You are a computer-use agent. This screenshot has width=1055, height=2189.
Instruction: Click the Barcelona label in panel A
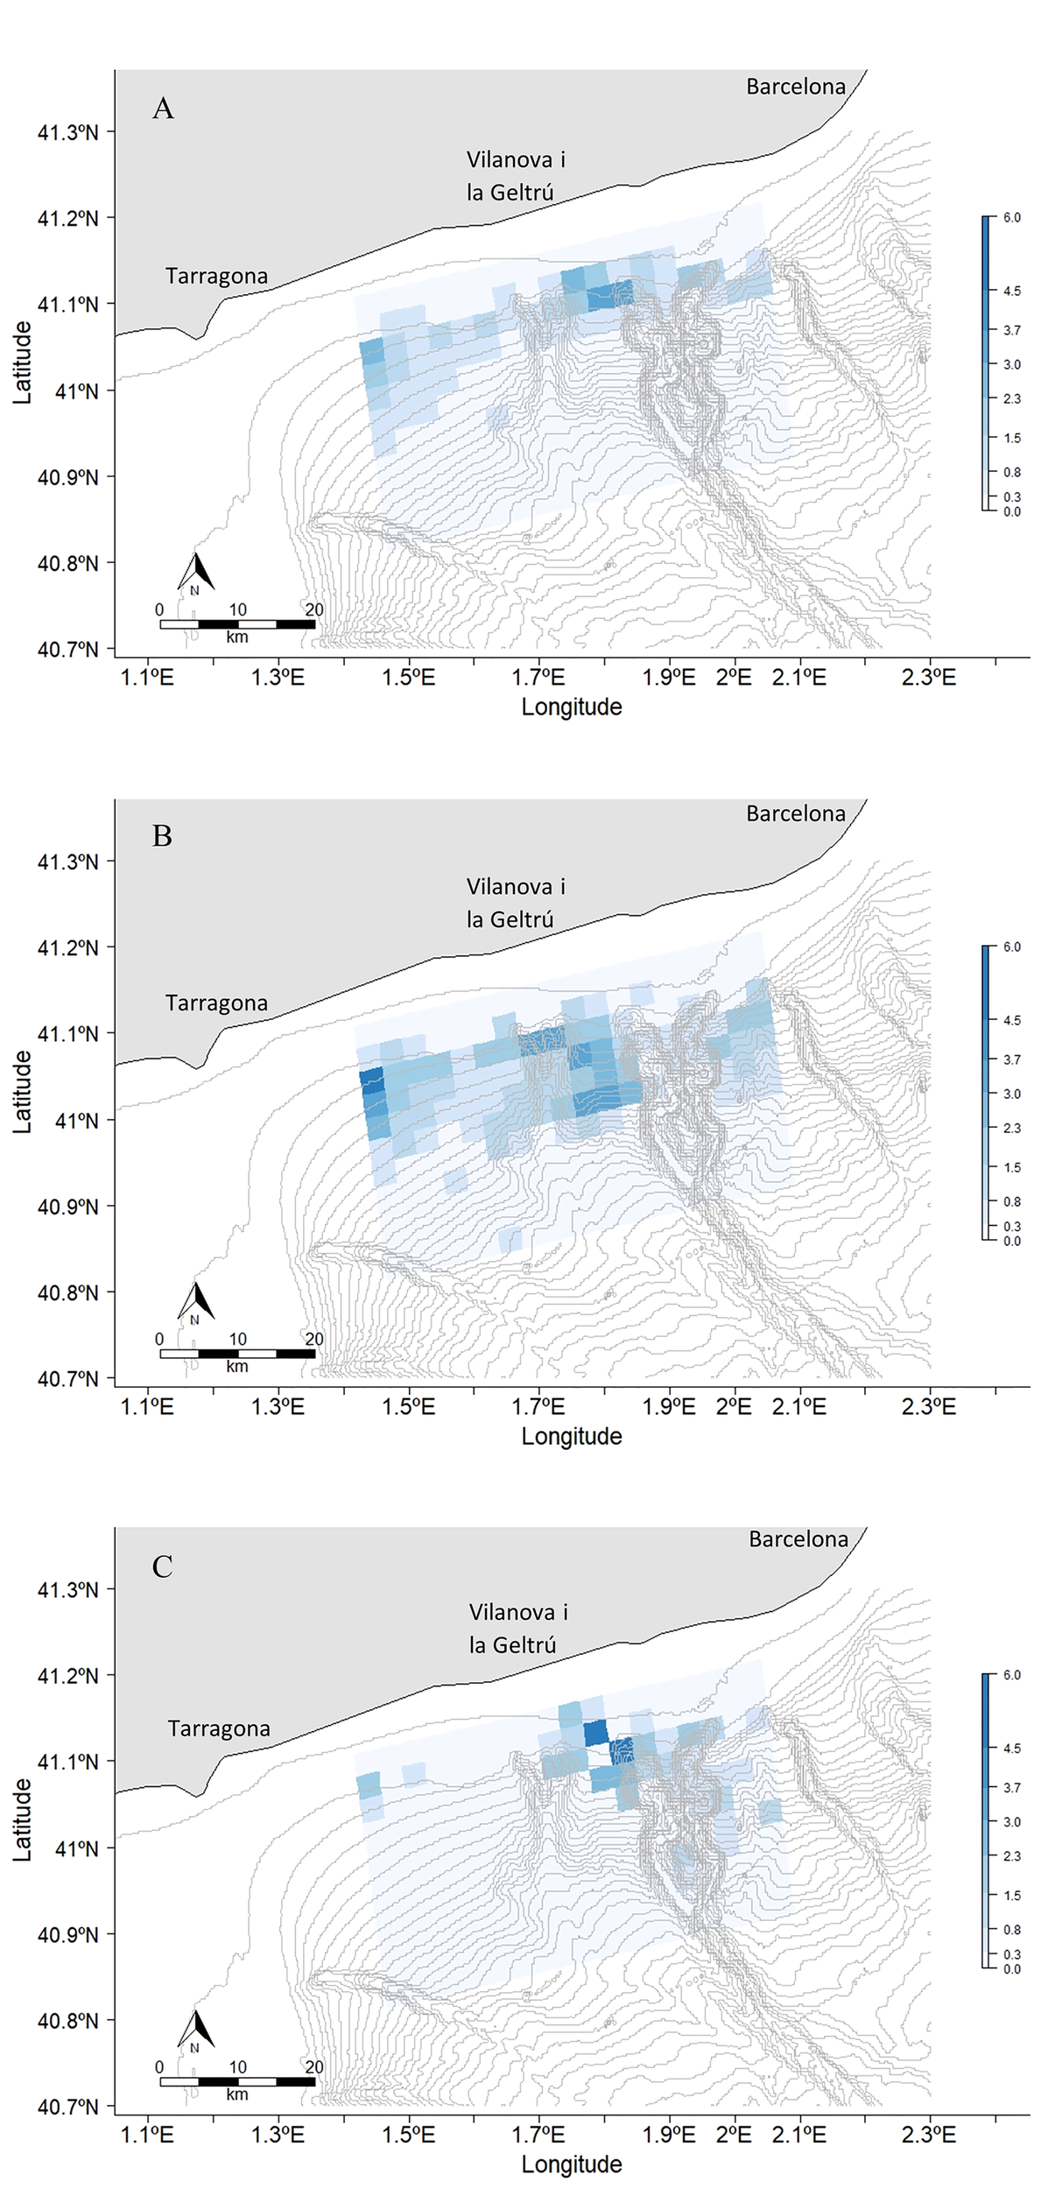pyautogui.click(x=795, y=87)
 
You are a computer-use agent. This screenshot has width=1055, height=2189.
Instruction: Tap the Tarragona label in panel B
pyautogui.click(x=216, y=1003)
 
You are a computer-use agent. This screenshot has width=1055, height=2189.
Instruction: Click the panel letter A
pyautogui.click(x=163, y=109)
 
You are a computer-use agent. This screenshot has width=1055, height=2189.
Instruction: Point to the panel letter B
pyautogui.click(x=162, y=836)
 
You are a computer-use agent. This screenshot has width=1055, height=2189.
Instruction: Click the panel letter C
pyautogui.click(x=162, y=1566)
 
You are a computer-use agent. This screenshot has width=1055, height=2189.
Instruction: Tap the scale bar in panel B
pyautogui.click(x=237, y=1354)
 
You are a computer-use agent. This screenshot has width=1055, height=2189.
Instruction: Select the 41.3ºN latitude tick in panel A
pyautogui.click(x=67, y=132)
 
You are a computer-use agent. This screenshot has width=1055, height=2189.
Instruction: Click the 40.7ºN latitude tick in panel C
pyautogui.click(x=67, y=2107)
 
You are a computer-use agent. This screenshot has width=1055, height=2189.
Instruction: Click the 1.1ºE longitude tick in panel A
pyautogui.click(x=147, y=677)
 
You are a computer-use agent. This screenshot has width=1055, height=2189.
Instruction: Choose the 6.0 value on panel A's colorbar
pyautogui.click(x=1011, y=217)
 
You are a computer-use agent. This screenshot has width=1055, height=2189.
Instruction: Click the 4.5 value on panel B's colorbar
pyautogui.click(x=1011, y=1020)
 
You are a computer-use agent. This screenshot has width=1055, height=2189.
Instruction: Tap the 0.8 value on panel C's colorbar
pyautogui.click(x=1011, y=1930)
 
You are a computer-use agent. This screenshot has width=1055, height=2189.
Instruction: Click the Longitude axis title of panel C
pyautogui.click(x=571, y=2164)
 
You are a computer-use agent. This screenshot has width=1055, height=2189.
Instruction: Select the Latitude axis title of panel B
pyautogui.click(x=23, y=1092)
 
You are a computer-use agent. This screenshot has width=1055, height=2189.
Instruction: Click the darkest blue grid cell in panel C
pyautogui.click(x=595, y=1732)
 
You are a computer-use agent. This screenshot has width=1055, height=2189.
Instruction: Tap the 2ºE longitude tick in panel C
pyautogui.click(x=733, y=2135)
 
